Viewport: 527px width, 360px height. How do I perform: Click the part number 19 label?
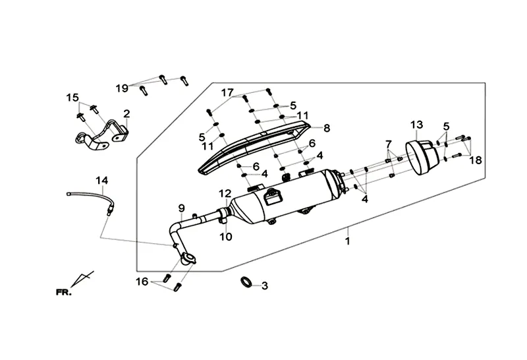click(x=122, y=88)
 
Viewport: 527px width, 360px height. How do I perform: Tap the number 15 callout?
click(x=72, y=98)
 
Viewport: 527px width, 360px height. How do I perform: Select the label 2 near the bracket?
click(x=126, y=113)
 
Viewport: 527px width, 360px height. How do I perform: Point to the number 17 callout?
click(x=227, y=92)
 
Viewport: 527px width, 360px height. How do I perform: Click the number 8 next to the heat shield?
click(x=326, y=128)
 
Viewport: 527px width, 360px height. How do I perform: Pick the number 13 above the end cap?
click(x=416, y=125)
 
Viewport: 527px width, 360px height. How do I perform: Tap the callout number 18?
click(x=476, y=160)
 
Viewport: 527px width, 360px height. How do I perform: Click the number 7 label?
click(x=389, y=144)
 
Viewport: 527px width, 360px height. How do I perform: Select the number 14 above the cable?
click(x=102, y=181)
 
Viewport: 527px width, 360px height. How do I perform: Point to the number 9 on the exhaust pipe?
click(x=182, y=208)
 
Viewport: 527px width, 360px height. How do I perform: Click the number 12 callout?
click(x=225, y=193)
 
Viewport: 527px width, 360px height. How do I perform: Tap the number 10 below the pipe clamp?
click(x=226, y=237)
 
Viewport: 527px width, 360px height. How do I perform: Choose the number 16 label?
click(x=142, y=282)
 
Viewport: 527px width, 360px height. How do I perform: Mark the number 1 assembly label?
click(x=348, y=241)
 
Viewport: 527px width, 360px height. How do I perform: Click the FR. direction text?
click(x=63, y=292)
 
